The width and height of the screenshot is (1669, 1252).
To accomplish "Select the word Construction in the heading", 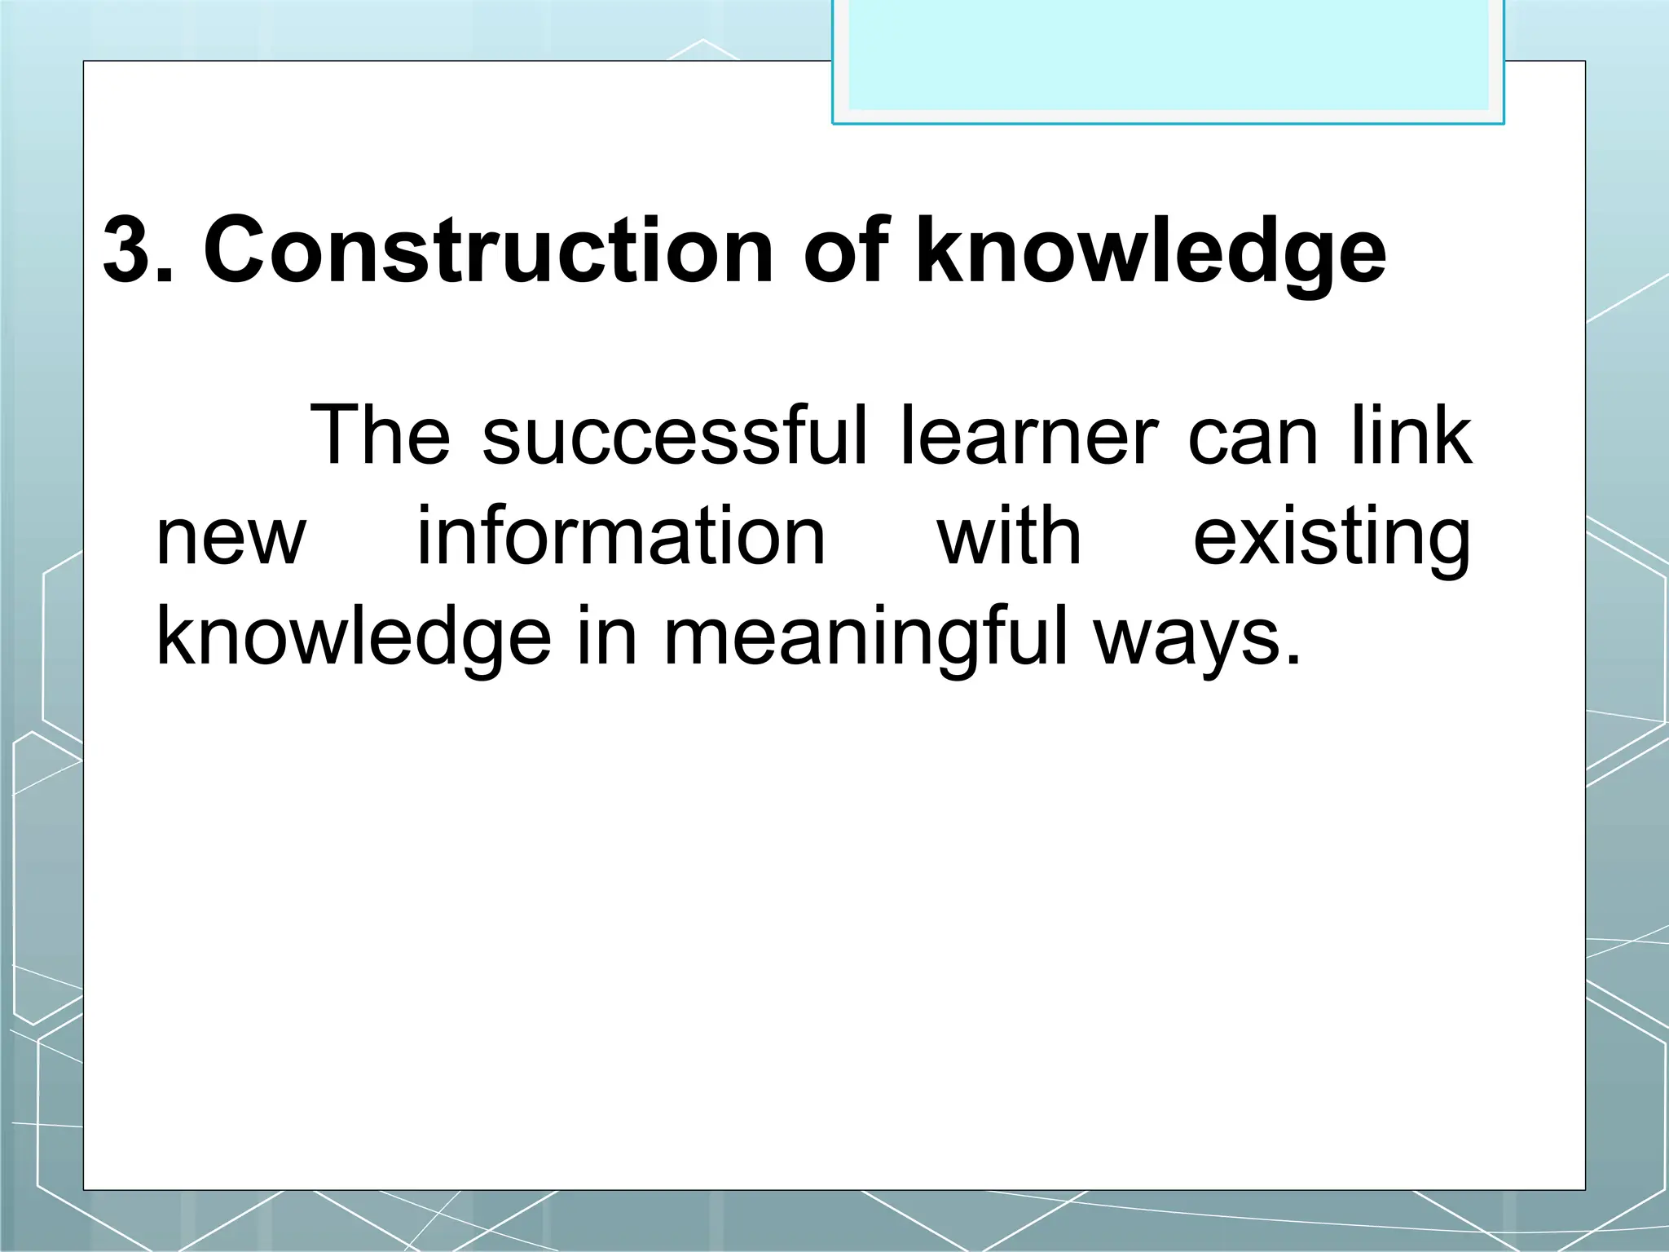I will pyautogui.click(x=487, y=250).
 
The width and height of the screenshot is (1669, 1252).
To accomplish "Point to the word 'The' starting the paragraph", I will pyautogui.click(x=380, y=437).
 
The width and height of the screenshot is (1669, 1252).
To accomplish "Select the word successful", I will pyautogui.click(x=676, y=437).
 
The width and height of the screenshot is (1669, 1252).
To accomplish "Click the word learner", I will pyautogui.click(x=1028, y=437).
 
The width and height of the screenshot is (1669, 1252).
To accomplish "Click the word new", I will pyautogui.click(x=231, y=539).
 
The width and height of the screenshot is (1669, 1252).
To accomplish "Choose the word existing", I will pyautogui.click(x=1332, y=540).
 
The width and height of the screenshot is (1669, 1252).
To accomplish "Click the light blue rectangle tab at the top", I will pyautogui.click(x=1168, y=57).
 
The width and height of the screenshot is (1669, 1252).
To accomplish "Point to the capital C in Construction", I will pyautogui.click(x=240, y=250).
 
